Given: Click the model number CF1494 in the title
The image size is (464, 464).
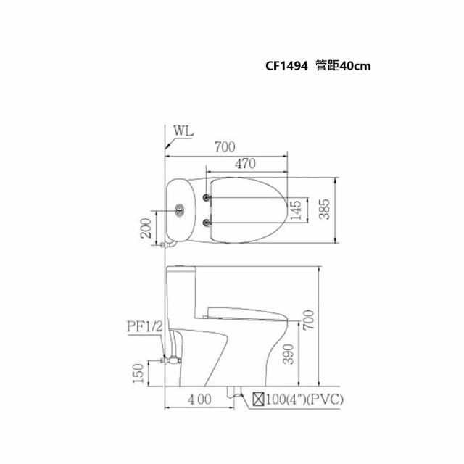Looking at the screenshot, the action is [x=286, y=66].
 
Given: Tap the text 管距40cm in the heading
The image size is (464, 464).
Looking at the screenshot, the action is [x=343, y=66].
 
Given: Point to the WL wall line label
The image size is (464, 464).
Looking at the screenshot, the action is [x=183, y=130].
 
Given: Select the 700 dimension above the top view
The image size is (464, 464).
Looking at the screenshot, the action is [x=225, y=147].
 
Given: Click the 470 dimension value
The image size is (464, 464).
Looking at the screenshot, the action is [x=245, y=164].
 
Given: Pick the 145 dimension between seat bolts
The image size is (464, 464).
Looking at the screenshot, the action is [x=296, y=210].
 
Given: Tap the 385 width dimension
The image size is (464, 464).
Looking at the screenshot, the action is [x=324, y=210].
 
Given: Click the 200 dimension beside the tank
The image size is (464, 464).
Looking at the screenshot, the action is [x=146, y=228].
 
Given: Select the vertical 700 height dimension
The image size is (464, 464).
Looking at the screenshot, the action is [x=308, y=320].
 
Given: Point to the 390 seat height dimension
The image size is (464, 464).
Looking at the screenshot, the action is [x=289, y=354].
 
